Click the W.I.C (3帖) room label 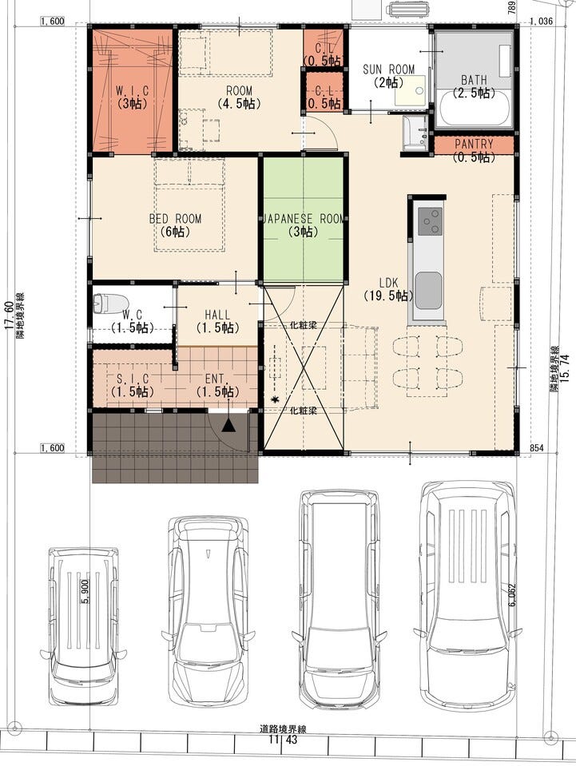click(133, 97)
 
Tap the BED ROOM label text click(176, 219)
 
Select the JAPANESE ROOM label click(304, 219)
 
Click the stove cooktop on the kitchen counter click(430, 221)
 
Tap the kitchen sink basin click(429, 291)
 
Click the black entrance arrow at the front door click(228, 425)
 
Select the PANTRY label click(474, 144)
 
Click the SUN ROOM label click(388, 69)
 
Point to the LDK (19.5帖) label click(388, 289)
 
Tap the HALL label click(217, 315)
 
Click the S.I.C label click(133, 379)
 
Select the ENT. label click(215, 379)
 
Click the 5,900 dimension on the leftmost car click(85, 592)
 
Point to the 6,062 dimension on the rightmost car click(512, 595)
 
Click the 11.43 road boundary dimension click(283, 739)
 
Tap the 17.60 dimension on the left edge click(8, 315)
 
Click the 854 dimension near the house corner click(536, 447)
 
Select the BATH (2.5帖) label click(474, 85)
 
